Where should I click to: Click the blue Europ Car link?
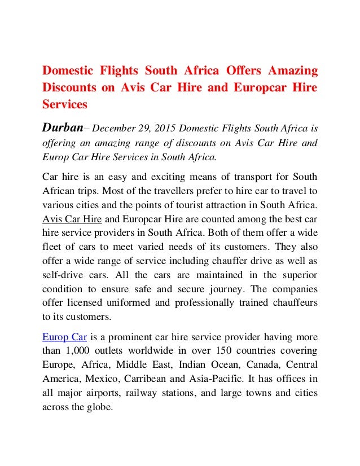coord(64,337)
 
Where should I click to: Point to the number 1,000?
coord(77,351)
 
